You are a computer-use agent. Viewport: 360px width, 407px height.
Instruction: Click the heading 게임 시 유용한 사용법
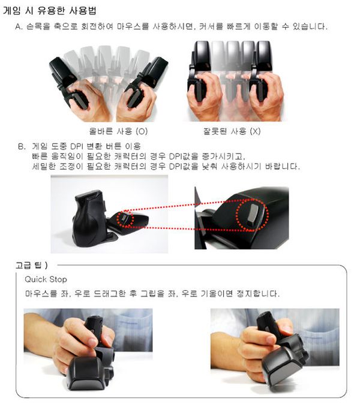coord(50,11)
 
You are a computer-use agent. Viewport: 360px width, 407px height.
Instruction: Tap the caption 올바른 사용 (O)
coord(118,131)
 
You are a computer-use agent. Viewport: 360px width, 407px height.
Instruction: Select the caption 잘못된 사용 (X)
coord(232,131)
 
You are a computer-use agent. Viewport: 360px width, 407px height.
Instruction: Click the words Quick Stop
coord(46,279)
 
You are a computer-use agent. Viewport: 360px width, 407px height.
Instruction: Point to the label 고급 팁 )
coord(31,266)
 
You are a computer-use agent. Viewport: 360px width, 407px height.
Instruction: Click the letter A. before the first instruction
coord(19,26)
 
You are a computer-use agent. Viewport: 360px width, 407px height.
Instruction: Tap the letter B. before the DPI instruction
coord(22,147)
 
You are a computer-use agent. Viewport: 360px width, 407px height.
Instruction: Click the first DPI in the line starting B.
coord(76,146)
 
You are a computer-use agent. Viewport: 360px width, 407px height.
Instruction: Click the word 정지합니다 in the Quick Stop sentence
coord(258,294)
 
